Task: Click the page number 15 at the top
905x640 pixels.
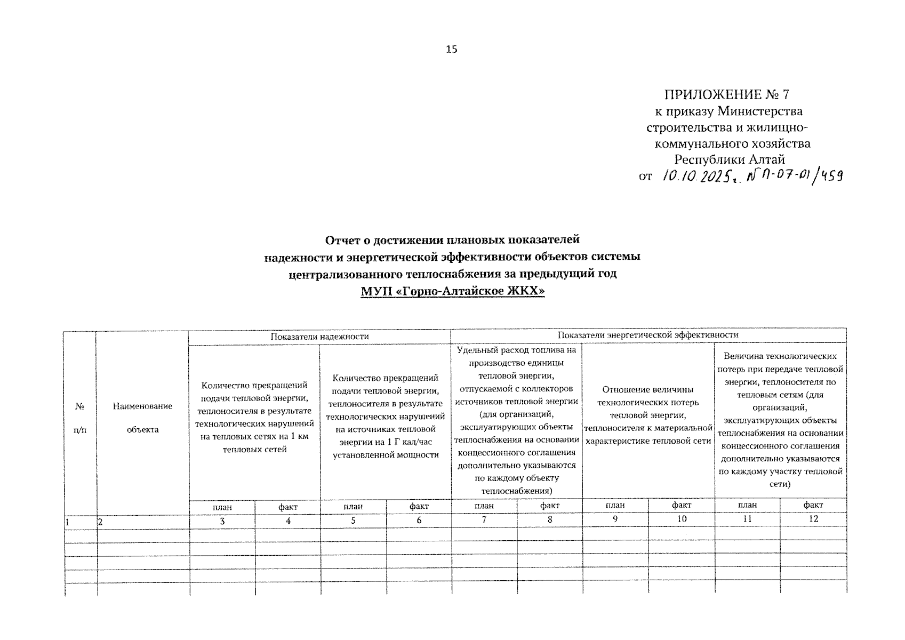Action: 451,50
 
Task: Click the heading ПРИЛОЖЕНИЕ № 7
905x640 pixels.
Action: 726,95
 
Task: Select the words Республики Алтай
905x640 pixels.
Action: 729,159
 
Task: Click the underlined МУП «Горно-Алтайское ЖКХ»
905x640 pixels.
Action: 452,291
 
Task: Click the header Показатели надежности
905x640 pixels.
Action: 319,337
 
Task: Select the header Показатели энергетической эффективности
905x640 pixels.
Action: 648,335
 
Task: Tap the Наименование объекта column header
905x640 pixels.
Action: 142,418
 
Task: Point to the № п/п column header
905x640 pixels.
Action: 80,418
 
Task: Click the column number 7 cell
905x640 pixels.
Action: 484,519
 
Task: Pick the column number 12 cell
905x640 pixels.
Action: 813,519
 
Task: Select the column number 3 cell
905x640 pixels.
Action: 222,520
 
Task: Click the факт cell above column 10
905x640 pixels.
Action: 681,505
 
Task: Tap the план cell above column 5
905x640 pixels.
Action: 353,506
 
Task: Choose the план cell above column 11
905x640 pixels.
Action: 747,505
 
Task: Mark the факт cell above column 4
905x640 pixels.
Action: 287,507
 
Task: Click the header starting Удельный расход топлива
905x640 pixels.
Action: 516,421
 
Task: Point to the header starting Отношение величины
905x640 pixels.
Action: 648,415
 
